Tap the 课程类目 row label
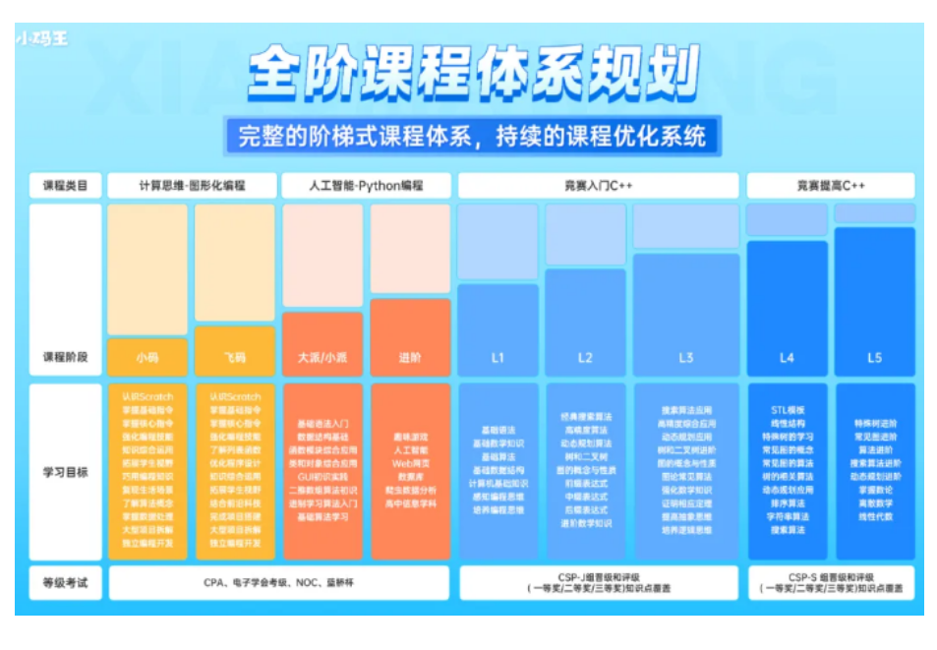tap(65, 185)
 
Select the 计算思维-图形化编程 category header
tap(192, 185)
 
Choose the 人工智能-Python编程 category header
tap(366, 185)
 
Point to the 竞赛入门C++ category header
tap(597, 185)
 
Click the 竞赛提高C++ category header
tap(831, 185)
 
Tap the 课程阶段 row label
tap(65, 357)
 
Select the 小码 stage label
tap(147, 357)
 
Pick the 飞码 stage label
tap(235, 357)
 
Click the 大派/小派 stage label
tap(322, 357)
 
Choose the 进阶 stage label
tap(410, 357)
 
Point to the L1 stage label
tap(498, 358)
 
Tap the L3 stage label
tap(685, 358)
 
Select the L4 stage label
tap(787, 358)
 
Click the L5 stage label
tap(874, 358)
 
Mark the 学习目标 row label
tap(65, 472)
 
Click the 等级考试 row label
tap(65, 582)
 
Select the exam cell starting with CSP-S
tap(831, 582)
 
